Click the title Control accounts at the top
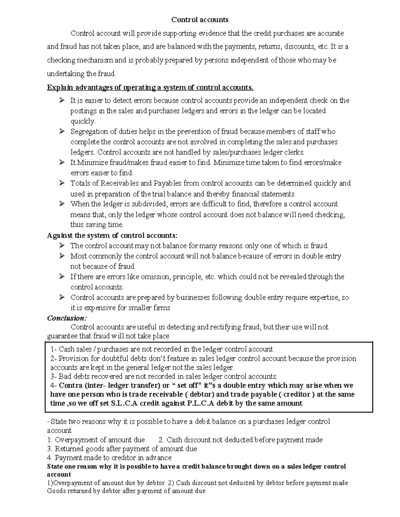[x=200, y=20]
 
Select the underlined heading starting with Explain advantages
[x=150, y=88]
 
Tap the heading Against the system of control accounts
[x=112, y=235]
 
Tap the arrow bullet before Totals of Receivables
[x=62, y=183]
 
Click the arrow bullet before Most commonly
[x=62, y=256]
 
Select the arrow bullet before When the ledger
[x=62, y=204]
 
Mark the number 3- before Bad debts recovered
[x=54, y=377]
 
